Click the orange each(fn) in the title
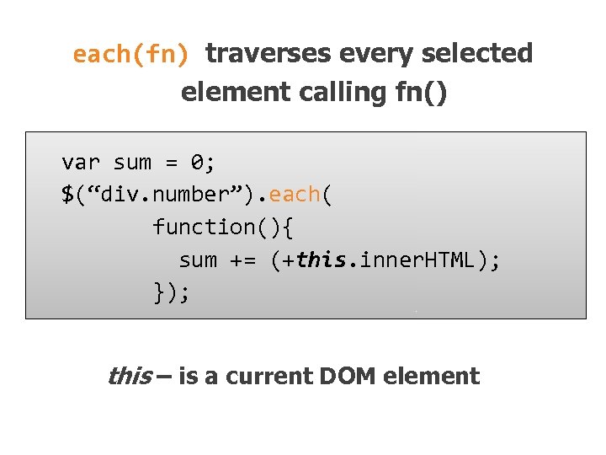point(132,54)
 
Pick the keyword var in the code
point(81,162)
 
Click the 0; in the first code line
point(203,162)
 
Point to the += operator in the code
point(242,260)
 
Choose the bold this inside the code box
point(321,260)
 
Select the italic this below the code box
point(129,376)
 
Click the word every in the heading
point(373,53)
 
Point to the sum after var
point(132,162)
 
